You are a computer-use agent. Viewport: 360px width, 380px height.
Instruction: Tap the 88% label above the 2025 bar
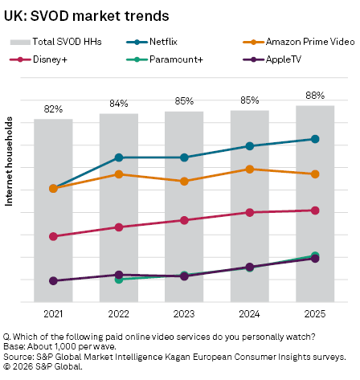click(x=315, y=96)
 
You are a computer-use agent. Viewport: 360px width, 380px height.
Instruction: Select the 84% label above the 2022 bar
click(x=119, y=104)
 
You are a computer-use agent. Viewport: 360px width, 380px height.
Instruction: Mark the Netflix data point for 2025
click(x=315, y=139)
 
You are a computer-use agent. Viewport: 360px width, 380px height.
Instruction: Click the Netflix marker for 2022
click(x=119, y=157)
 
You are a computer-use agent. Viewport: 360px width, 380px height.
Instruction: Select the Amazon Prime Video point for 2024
click(x=250, y=169)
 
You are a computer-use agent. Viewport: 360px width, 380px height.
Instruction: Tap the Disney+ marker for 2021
click(x=54, y=236)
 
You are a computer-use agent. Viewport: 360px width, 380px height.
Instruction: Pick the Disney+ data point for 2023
click(x=184, y=220)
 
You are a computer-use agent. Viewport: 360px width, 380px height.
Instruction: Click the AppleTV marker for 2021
click(x=54, y=281)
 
